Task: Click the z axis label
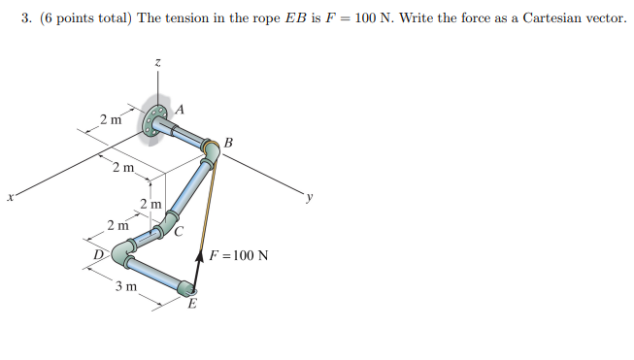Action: (157, 62)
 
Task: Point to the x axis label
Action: (10, 198)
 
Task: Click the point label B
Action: (227, 145)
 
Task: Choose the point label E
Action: (191, 304)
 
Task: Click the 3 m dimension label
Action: (123, 287)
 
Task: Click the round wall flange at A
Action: (153, 120)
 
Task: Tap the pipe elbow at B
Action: (213, 150)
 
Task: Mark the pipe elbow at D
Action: (121, 255)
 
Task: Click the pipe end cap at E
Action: (185, 287)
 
